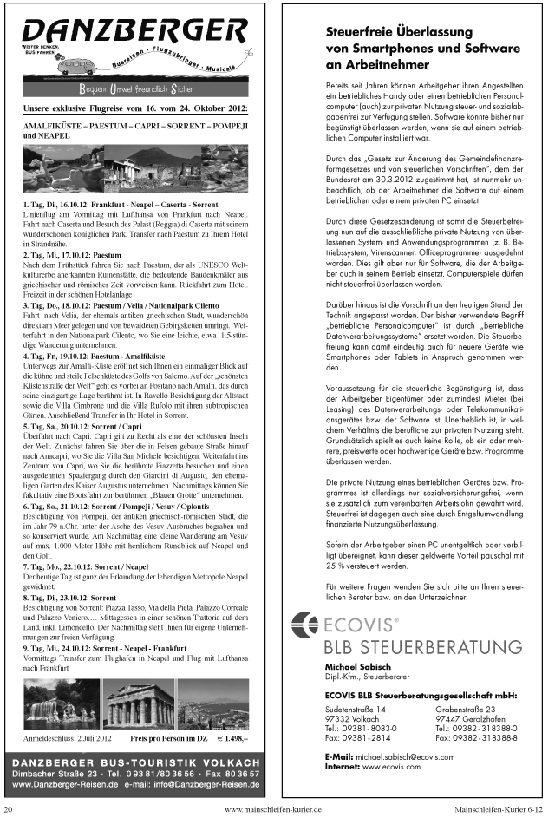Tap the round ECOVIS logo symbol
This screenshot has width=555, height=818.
(x=305, y=624)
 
